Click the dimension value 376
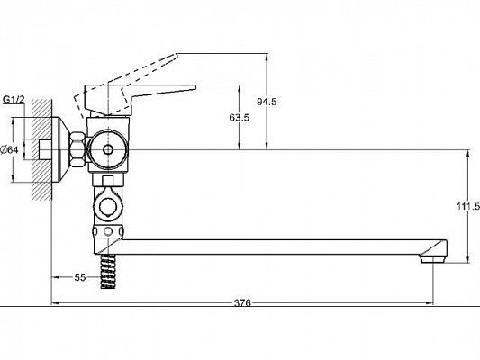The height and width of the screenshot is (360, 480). click(x=242, y=302)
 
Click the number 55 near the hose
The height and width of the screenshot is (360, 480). click(x=79, y=278)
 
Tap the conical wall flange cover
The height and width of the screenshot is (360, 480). click(x=63, y=149)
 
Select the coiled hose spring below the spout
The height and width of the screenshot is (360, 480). click(x=108, y=271)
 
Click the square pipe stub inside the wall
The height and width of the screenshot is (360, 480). click(x=43, y=149)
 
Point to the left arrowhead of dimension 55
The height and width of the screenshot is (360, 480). click(x=54, y=278)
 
